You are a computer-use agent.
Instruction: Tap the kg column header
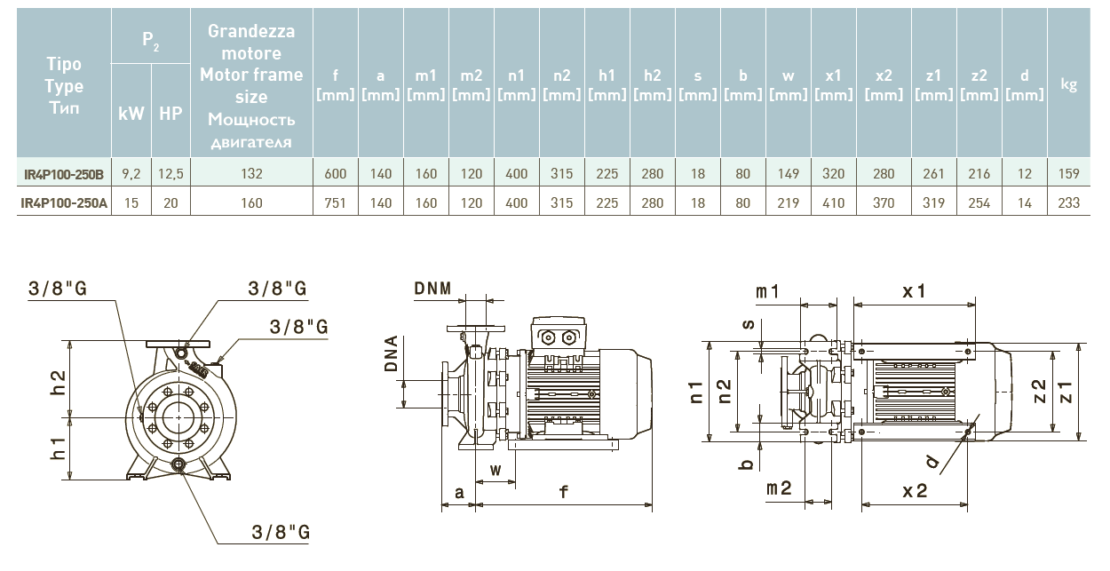point(1069,85)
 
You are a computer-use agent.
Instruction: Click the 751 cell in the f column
point(335,203)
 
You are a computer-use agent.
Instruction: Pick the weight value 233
point(1069,203)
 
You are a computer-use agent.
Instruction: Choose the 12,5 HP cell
point(170,174)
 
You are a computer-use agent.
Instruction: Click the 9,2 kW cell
point(131,174)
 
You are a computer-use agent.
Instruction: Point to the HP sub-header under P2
point(170,114)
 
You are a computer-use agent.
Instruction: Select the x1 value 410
point(834,203)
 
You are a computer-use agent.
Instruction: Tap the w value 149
point(788,174)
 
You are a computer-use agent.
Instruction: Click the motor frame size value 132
point(251,174)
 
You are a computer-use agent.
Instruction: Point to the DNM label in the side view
point(432,289)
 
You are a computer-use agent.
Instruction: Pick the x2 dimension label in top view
point(915,491)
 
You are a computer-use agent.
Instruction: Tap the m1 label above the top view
point(767,291)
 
